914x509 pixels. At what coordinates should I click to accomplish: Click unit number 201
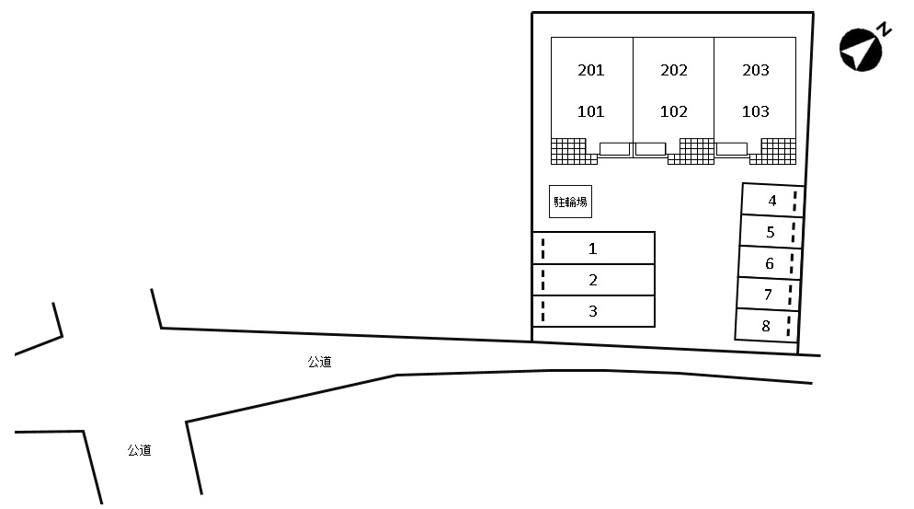pyautogui.click(x=591, y=71)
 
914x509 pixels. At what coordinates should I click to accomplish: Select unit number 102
pyautogui.click(x=674, y=112)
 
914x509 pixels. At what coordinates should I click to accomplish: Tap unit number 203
pyautogui.click(x=756, y=71)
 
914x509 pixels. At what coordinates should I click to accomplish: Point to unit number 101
pyautogui.click(x=591, y=112)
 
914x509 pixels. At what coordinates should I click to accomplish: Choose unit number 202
pyautogui.click(x=674, y=71)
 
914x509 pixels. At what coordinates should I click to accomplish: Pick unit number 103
pyautogui.click(x=756, y=112)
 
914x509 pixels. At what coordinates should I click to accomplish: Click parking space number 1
pyautogui.click(x=593, y=249)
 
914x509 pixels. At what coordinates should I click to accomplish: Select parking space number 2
pyautogui.click(x=593, y=280)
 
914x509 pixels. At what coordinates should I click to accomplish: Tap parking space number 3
pyautogui.click(x=593, y=311)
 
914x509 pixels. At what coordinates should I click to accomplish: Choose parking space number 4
pyautogui.click(x=772, y=200)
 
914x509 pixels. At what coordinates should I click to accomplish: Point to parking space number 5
pyautogui.click(x=771, y=232)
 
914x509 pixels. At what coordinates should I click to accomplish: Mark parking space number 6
pyautogui.click(x=770, y=264)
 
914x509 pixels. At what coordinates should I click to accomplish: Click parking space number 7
pyautogui.click(x=768, y=295)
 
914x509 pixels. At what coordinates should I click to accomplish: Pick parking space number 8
pyautogui.click(x=766, y=326)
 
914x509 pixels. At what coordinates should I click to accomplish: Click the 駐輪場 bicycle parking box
pyautogui.click(x=570, y=202)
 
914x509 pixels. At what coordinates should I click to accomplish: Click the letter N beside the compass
pyautogui.click(x=885, y=29)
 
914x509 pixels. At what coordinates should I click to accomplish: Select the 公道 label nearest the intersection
pyautogui.click(x=139, y=450)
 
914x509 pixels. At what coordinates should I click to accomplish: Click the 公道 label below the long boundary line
pyautogui.click(x=319, y=363)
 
